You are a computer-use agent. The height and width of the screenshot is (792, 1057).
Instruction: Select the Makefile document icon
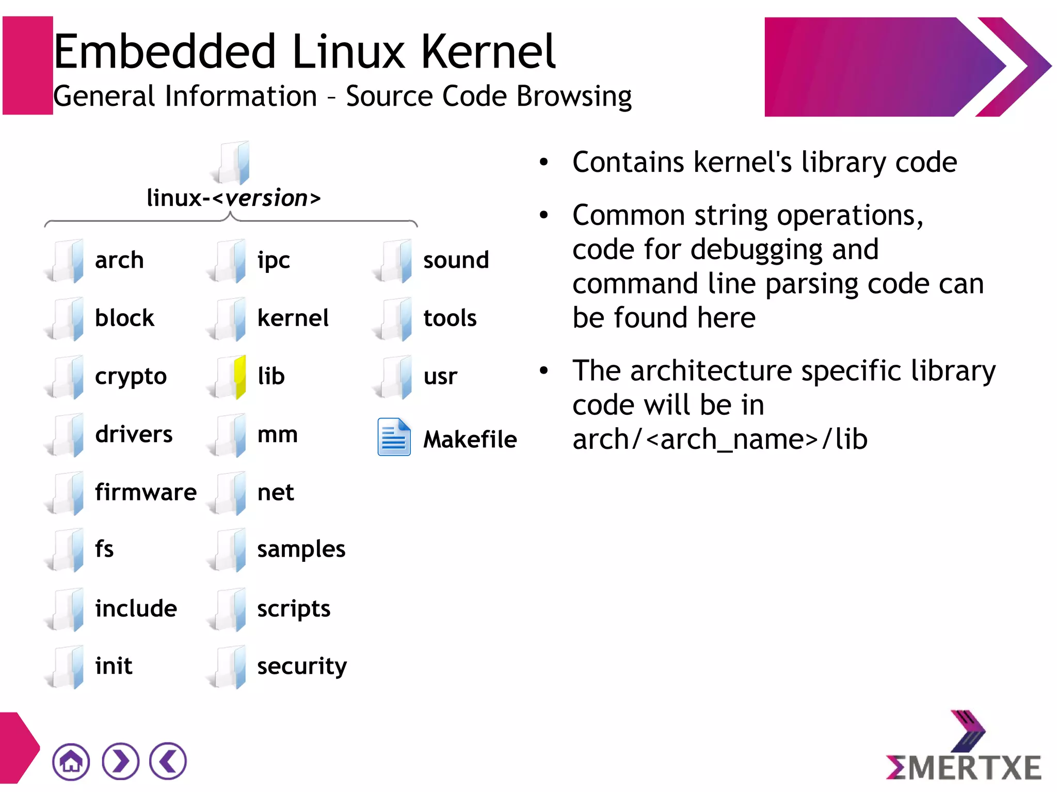click(394, 437)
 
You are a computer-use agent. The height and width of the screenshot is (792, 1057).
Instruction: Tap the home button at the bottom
click(71, 761)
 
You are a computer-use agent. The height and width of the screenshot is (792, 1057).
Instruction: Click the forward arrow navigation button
click(120, 761)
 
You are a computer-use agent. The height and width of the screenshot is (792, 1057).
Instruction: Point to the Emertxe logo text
click(964, 767)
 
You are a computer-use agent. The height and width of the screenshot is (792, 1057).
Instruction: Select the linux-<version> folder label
click(233, 198)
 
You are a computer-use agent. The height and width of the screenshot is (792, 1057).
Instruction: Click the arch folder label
click(119, 260)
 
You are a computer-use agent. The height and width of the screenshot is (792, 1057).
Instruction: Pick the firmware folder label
click(146, 492)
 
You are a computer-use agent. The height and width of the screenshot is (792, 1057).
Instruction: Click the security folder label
click(302, 666)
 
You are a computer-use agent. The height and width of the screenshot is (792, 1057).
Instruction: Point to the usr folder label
click(440, 377)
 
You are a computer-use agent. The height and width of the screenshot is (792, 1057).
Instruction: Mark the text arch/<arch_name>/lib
click(720, 440)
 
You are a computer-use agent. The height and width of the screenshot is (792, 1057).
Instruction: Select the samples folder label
click(301, 549)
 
